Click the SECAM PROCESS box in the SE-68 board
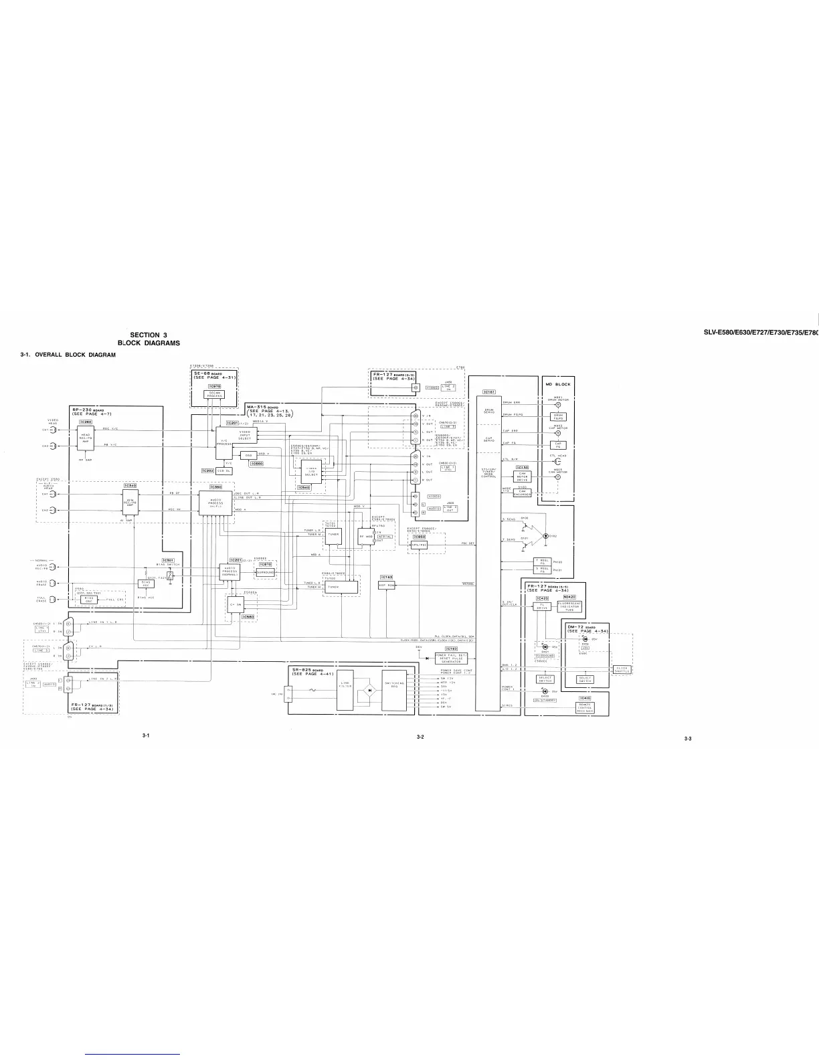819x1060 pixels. (x=214, y=395)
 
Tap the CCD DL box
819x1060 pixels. (x=223, y=471)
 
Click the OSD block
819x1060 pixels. (x=248, y=455)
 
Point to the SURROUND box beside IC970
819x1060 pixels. (x=265, y=573)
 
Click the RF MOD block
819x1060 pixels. (x=365, y=536)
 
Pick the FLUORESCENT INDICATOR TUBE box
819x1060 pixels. (x=569, y=607)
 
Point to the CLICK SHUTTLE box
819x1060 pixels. (x=622, y=669)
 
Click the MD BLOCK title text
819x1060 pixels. (x=558, y=385)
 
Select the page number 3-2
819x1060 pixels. (x=419, y=737)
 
